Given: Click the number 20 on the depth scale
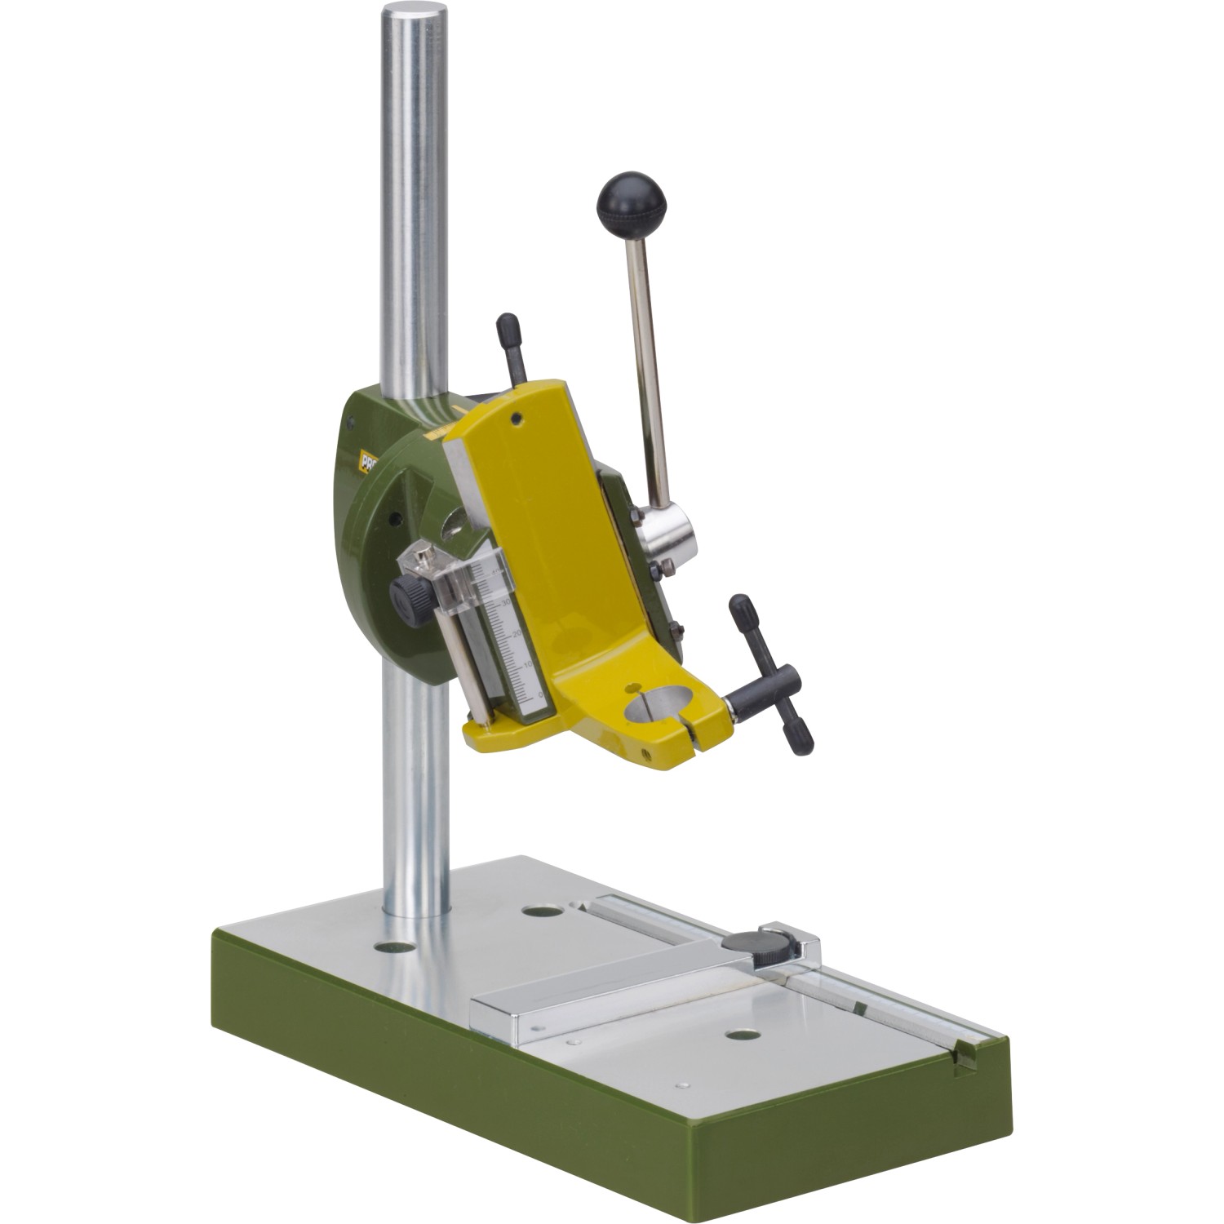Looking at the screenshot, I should pyautogui.click(x=517, y=633).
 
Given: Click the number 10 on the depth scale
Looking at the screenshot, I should pyautogui.click(x=526, y=665).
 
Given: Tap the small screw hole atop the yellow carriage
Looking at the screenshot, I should pyautogui.click(x=516, y=420).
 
